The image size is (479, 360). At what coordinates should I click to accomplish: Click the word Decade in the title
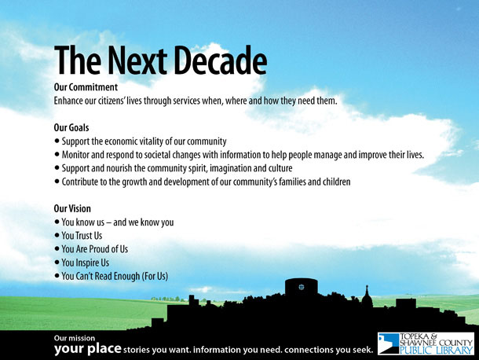pyautogui.click(x=220, y=61)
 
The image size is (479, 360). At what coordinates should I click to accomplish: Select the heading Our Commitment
pyautogui.click(x=86, y=87)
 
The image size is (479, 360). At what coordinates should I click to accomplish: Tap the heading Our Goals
pyautogui.click(x=71, y=127)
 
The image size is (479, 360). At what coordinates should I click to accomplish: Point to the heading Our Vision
pyautogui.click(x=72, y=208)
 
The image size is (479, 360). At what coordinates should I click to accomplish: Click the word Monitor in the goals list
pyautogui.click(x=75, y=155)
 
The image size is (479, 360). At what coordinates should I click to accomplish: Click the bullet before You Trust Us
pyautogui.click(x=57, y=236)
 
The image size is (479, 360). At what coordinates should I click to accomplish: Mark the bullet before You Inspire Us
pyautogui.click(x=57, y=263)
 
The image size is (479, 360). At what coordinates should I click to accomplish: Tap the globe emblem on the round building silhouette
pyautogui.click(x=302, y=287)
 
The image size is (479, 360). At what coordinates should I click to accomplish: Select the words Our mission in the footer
pyautogui.click(x=75, y=338)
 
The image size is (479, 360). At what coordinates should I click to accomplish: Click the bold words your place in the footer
pyautogui.click(x=88, y=349)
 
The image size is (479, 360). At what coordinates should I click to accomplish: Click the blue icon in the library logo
pyautogui.click(x=389, y=343)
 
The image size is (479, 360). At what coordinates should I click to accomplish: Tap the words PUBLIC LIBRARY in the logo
pyautogui.click(x=437, y=351)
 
